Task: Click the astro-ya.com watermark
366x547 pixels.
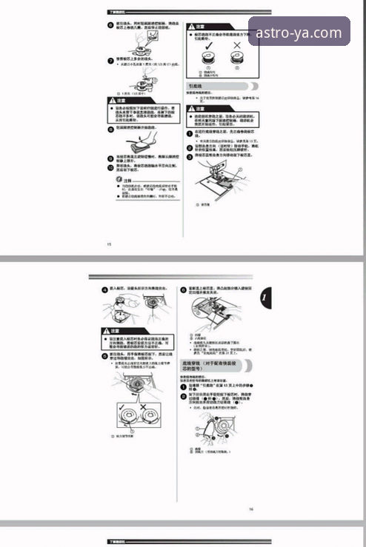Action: click(x=299, y=32)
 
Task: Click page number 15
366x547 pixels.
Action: click(x=109, y=243)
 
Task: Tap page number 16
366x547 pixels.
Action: click(x=251, y=509)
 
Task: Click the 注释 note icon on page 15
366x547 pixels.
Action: click(x=112, y=178)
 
